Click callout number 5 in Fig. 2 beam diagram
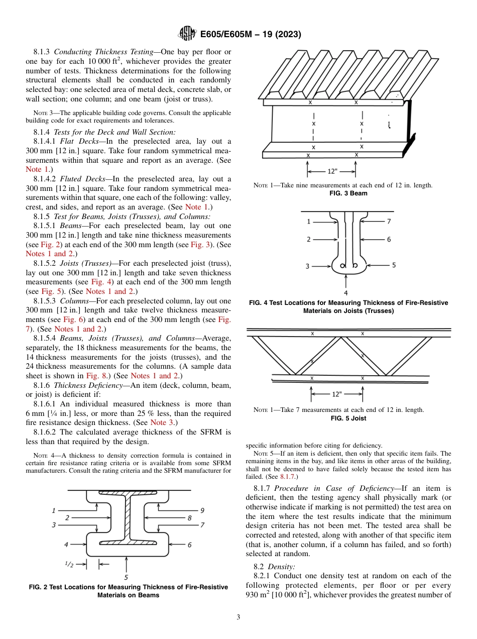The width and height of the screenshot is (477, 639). [126, 577]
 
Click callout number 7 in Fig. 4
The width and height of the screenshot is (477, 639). [389, 221]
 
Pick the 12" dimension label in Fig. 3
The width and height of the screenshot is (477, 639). [332, 171]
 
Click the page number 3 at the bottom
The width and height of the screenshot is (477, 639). [238, 617]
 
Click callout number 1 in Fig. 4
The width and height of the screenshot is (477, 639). [308, 221]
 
